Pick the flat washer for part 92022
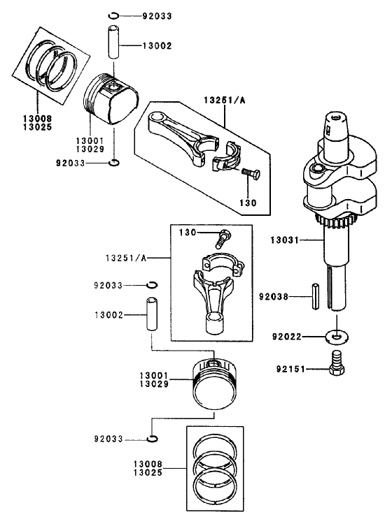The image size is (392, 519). point(337,336)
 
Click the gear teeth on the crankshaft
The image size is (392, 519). point(338,223)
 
